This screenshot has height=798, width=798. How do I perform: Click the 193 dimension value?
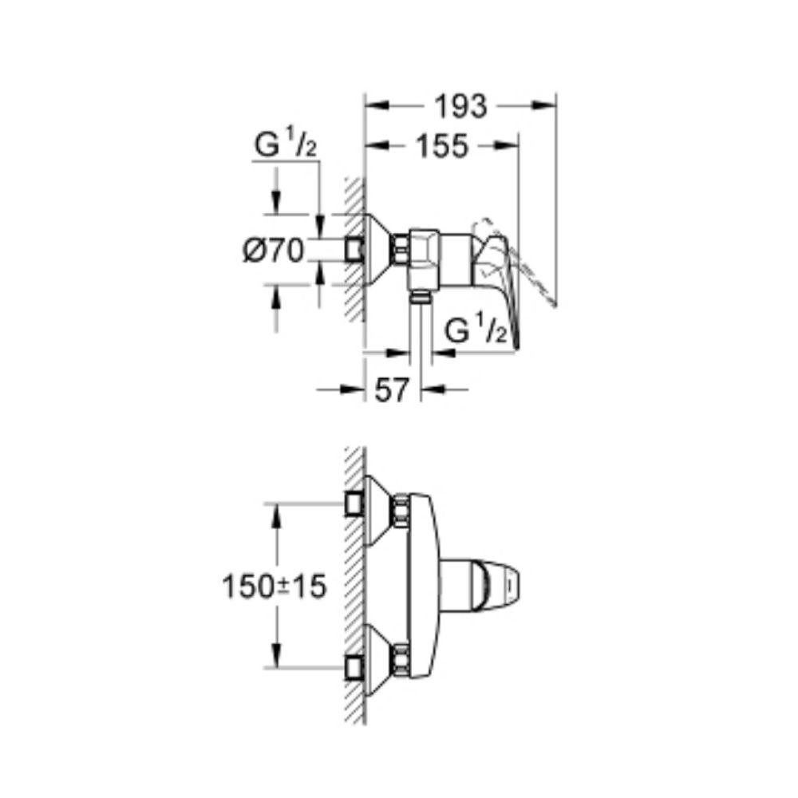tap(460, 107)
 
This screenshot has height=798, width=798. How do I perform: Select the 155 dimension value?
tap(442, 146)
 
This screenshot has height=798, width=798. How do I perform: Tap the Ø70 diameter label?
tap(273, 251)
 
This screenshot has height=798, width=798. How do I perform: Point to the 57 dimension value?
tap(391, 390)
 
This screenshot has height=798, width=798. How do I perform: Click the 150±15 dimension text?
tap(274, 587)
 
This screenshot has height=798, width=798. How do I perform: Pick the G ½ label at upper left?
tap(286, 144)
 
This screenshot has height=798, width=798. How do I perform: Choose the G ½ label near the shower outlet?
tap(476, 330)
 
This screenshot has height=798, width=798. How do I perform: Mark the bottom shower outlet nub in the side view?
tap(420, 296)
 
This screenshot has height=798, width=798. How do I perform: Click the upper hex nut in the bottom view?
tap(400, 509)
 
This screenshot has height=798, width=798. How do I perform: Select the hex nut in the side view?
tap(400, 250)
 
